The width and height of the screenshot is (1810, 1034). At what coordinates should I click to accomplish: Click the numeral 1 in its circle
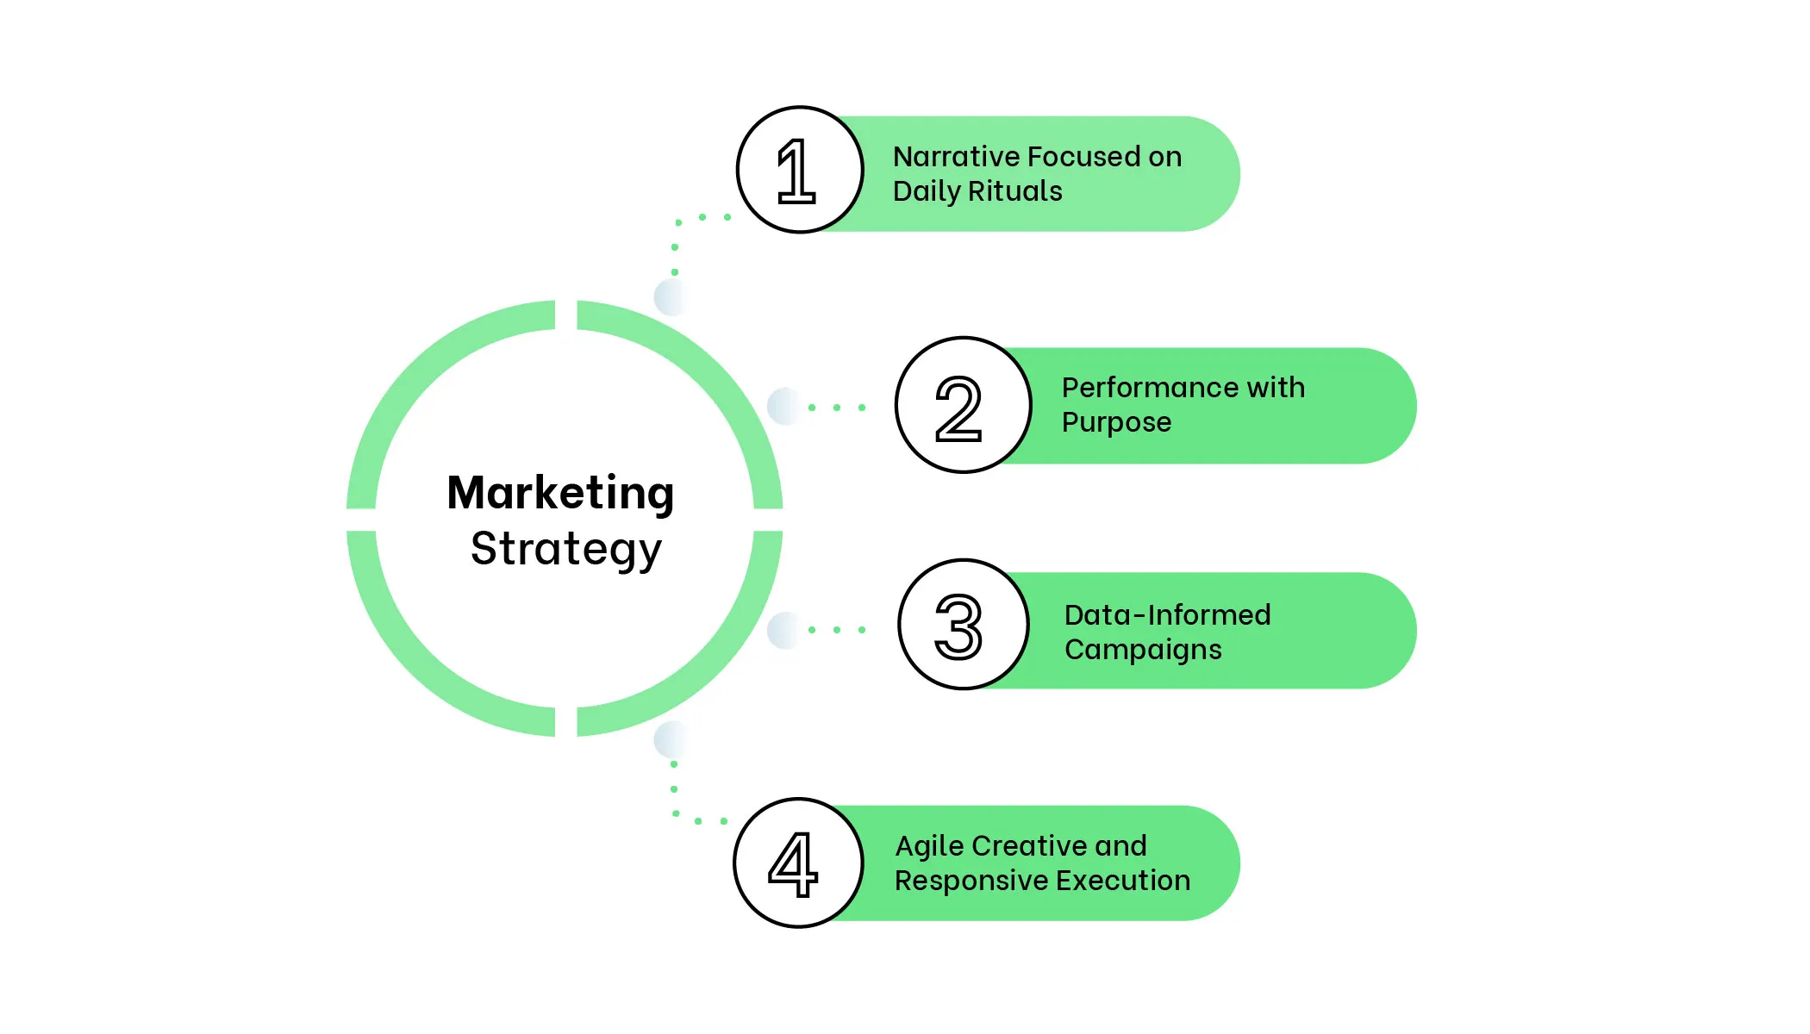[796, 171]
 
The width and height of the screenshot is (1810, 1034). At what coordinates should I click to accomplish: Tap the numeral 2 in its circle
[958, 408]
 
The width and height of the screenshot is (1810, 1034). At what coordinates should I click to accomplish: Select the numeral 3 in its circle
[958, 626]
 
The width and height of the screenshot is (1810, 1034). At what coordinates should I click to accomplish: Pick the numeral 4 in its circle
[793, 864]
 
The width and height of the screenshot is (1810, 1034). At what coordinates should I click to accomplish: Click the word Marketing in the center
[560, 494]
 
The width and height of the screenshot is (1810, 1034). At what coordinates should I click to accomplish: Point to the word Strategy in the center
[566, 550]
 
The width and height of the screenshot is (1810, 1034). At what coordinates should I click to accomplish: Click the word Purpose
[1116, 422]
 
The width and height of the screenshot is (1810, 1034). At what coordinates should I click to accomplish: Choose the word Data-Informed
[1167, 615]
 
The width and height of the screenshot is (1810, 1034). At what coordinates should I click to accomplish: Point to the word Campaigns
[1143, 650]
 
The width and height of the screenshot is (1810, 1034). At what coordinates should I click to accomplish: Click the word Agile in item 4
[929, 847]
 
